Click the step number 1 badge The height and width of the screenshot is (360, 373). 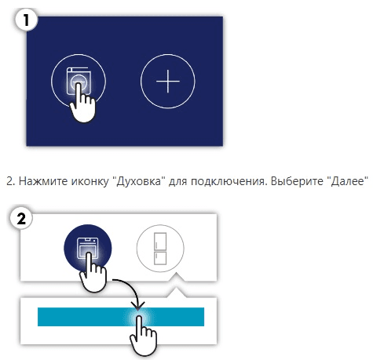pos(27,20)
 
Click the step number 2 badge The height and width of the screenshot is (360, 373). pos(21,218)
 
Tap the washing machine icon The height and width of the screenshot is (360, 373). pos(79,81)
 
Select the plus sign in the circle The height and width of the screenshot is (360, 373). pos(168,81)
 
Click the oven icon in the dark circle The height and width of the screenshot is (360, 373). pos(87,248)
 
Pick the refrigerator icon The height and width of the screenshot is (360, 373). pos(160,249)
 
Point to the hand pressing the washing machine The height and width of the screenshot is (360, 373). pos(82,104)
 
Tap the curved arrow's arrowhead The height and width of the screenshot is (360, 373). pos(138,306)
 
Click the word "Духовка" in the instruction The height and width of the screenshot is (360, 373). pos(139,181)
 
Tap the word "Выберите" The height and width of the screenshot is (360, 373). pos(295,181)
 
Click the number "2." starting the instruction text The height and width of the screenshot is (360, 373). pos(11,181)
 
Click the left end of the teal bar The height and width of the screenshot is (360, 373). pos(38,317)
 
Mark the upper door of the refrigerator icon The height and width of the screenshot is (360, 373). pos(160,241)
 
